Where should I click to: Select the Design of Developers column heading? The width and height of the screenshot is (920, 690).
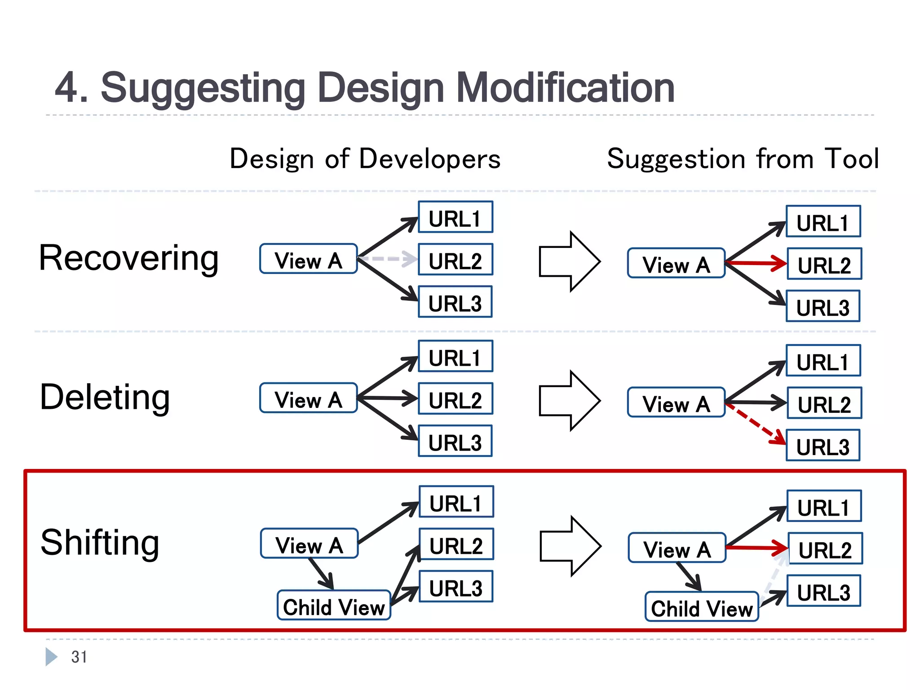[x=365, y=159]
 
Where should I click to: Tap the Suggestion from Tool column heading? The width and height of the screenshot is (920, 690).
[x=743, y=159]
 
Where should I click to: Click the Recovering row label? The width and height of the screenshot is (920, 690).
[x=129, y=258]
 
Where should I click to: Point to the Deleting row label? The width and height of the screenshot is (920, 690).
[x=105, y=398]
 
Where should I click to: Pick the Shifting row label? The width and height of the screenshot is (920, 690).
[x=100, y=543]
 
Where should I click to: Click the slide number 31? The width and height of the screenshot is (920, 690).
[x=79, y=657]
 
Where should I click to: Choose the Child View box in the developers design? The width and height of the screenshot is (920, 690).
[x=334, y=606]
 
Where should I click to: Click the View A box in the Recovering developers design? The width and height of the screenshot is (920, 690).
[x=308, y=259]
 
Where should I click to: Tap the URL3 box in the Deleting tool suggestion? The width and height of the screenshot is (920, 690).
[x=823, y=446]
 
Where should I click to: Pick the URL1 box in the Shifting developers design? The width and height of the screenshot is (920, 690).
[x=456, y=502]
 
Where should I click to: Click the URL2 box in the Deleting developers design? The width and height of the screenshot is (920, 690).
[x=455, y=399]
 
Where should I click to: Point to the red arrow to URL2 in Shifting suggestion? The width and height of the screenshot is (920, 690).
[x=756, y=548]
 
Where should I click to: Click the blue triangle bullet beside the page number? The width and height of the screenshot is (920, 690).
[x=51, y=657]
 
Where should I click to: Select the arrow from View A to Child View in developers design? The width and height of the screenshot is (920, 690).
[x=321, y=574]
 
